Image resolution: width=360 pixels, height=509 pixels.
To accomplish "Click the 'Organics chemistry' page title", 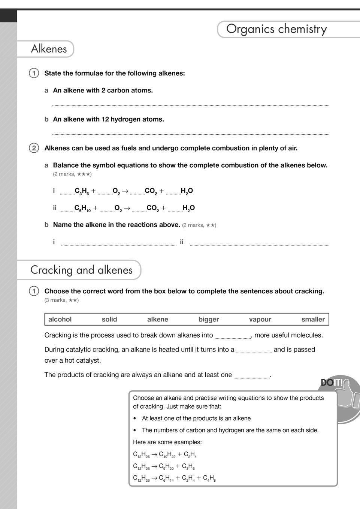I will point(276,29).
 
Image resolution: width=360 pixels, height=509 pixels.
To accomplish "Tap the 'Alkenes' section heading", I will point(49,49).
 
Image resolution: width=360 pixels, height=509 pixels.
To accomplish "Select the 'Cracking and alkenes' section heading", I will point(81,270).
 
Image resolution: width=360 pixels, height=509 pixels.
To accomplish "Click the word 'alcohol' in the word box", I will point(60,319).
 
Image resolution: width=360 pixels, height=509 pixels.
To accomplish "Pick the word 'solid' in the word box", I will point(109,319).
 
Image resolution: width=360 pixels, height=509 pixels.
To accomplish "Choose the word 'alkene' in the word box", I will point(158,319).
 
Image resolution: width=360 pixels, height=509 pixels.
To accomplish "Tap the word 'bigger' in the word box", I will point(209,319).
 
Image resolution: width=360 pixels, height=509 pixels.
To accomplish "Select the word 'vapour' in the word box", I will point(260,319).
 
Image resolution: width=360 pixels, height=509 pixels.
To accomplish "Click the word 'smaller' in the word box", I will point(313,319).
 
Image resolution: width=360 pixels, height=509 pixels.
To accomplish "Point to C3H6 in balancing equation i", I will point(82,191).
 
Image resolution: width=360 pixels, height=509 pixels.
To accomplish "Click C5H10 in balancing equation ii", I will point(82,208).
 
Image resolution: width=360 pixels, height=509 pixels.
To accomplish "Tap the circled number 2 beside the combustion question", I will point(34,148).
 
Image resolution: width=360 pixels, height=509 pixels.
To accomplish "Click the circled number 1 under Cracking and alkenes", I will point(34,291).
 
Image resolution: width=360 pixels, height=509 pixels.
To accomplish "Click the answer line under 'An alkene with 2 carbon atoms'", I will point(191,106).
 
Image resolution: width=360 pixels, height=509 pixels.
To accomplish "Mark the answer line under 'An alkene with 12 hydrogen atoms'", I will point(191,134).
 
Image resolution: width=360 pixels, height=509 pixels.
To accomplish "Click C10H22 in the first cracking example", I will point(167,455).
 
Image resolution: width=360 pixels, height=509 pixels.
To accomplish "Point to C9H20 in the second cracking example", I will point(166,467).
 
